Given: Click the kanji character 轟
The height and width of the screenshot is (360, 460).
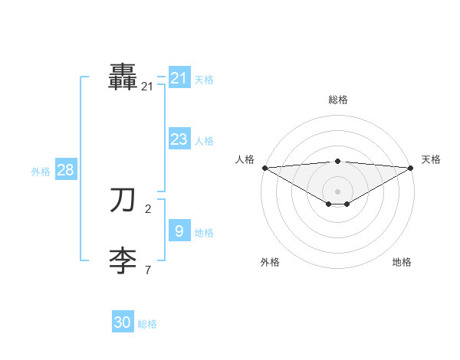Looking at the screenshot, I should coord(123,77).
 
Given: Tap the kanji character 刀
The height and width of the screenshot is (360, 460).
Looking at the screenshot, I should coord(123,201).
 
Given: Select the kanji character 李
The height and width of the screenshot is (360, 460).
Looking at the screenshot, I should coord(123,261).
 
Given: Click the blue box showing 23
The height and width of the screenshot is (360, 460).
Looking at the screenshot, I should coord(179,139).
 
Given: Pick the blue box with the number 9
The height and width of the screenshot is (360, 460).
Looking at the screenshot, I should coord(179,231).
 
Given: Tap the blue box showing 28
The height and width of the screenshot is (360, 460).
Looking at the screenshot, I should coord(65,170).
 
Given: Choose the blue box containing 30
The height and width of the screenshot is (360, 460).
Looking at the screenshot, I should coord(123,322).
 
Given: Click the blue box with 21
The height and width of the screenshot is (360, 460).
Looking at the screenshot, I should coord(179,78).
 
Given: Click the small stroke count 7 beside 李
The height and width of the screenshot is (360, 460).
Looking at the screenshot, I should coord(148,270).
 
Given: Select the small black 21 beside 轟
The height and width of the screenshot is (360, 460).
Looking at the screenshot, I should coord(147,87).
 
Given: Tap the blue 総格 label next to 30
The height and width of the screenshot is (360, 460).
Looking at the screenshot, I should coord(147,324).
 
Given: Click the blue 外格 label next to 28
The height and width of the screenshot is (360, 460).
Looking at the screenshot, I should coord(41,172).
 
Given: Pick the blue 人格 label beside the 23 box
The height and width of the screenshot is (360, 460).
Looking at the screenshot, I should coord(204,141).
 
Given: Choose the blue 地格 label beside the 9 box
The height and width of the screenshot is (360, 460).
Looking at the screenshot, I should coord(204,233).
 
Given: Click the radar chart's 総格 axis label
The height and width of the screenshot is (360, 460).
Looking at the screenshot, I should coord(337,100).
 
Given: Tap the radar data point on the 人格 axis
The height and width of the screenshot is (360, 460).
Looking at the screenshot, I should coord(264,167).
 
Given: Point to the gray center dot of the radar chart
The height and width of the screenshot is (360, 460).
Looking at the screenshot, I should coord(337,191).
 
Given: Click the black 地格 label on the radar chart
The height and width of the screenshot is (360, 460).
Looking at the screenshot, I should coord(402,262).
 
